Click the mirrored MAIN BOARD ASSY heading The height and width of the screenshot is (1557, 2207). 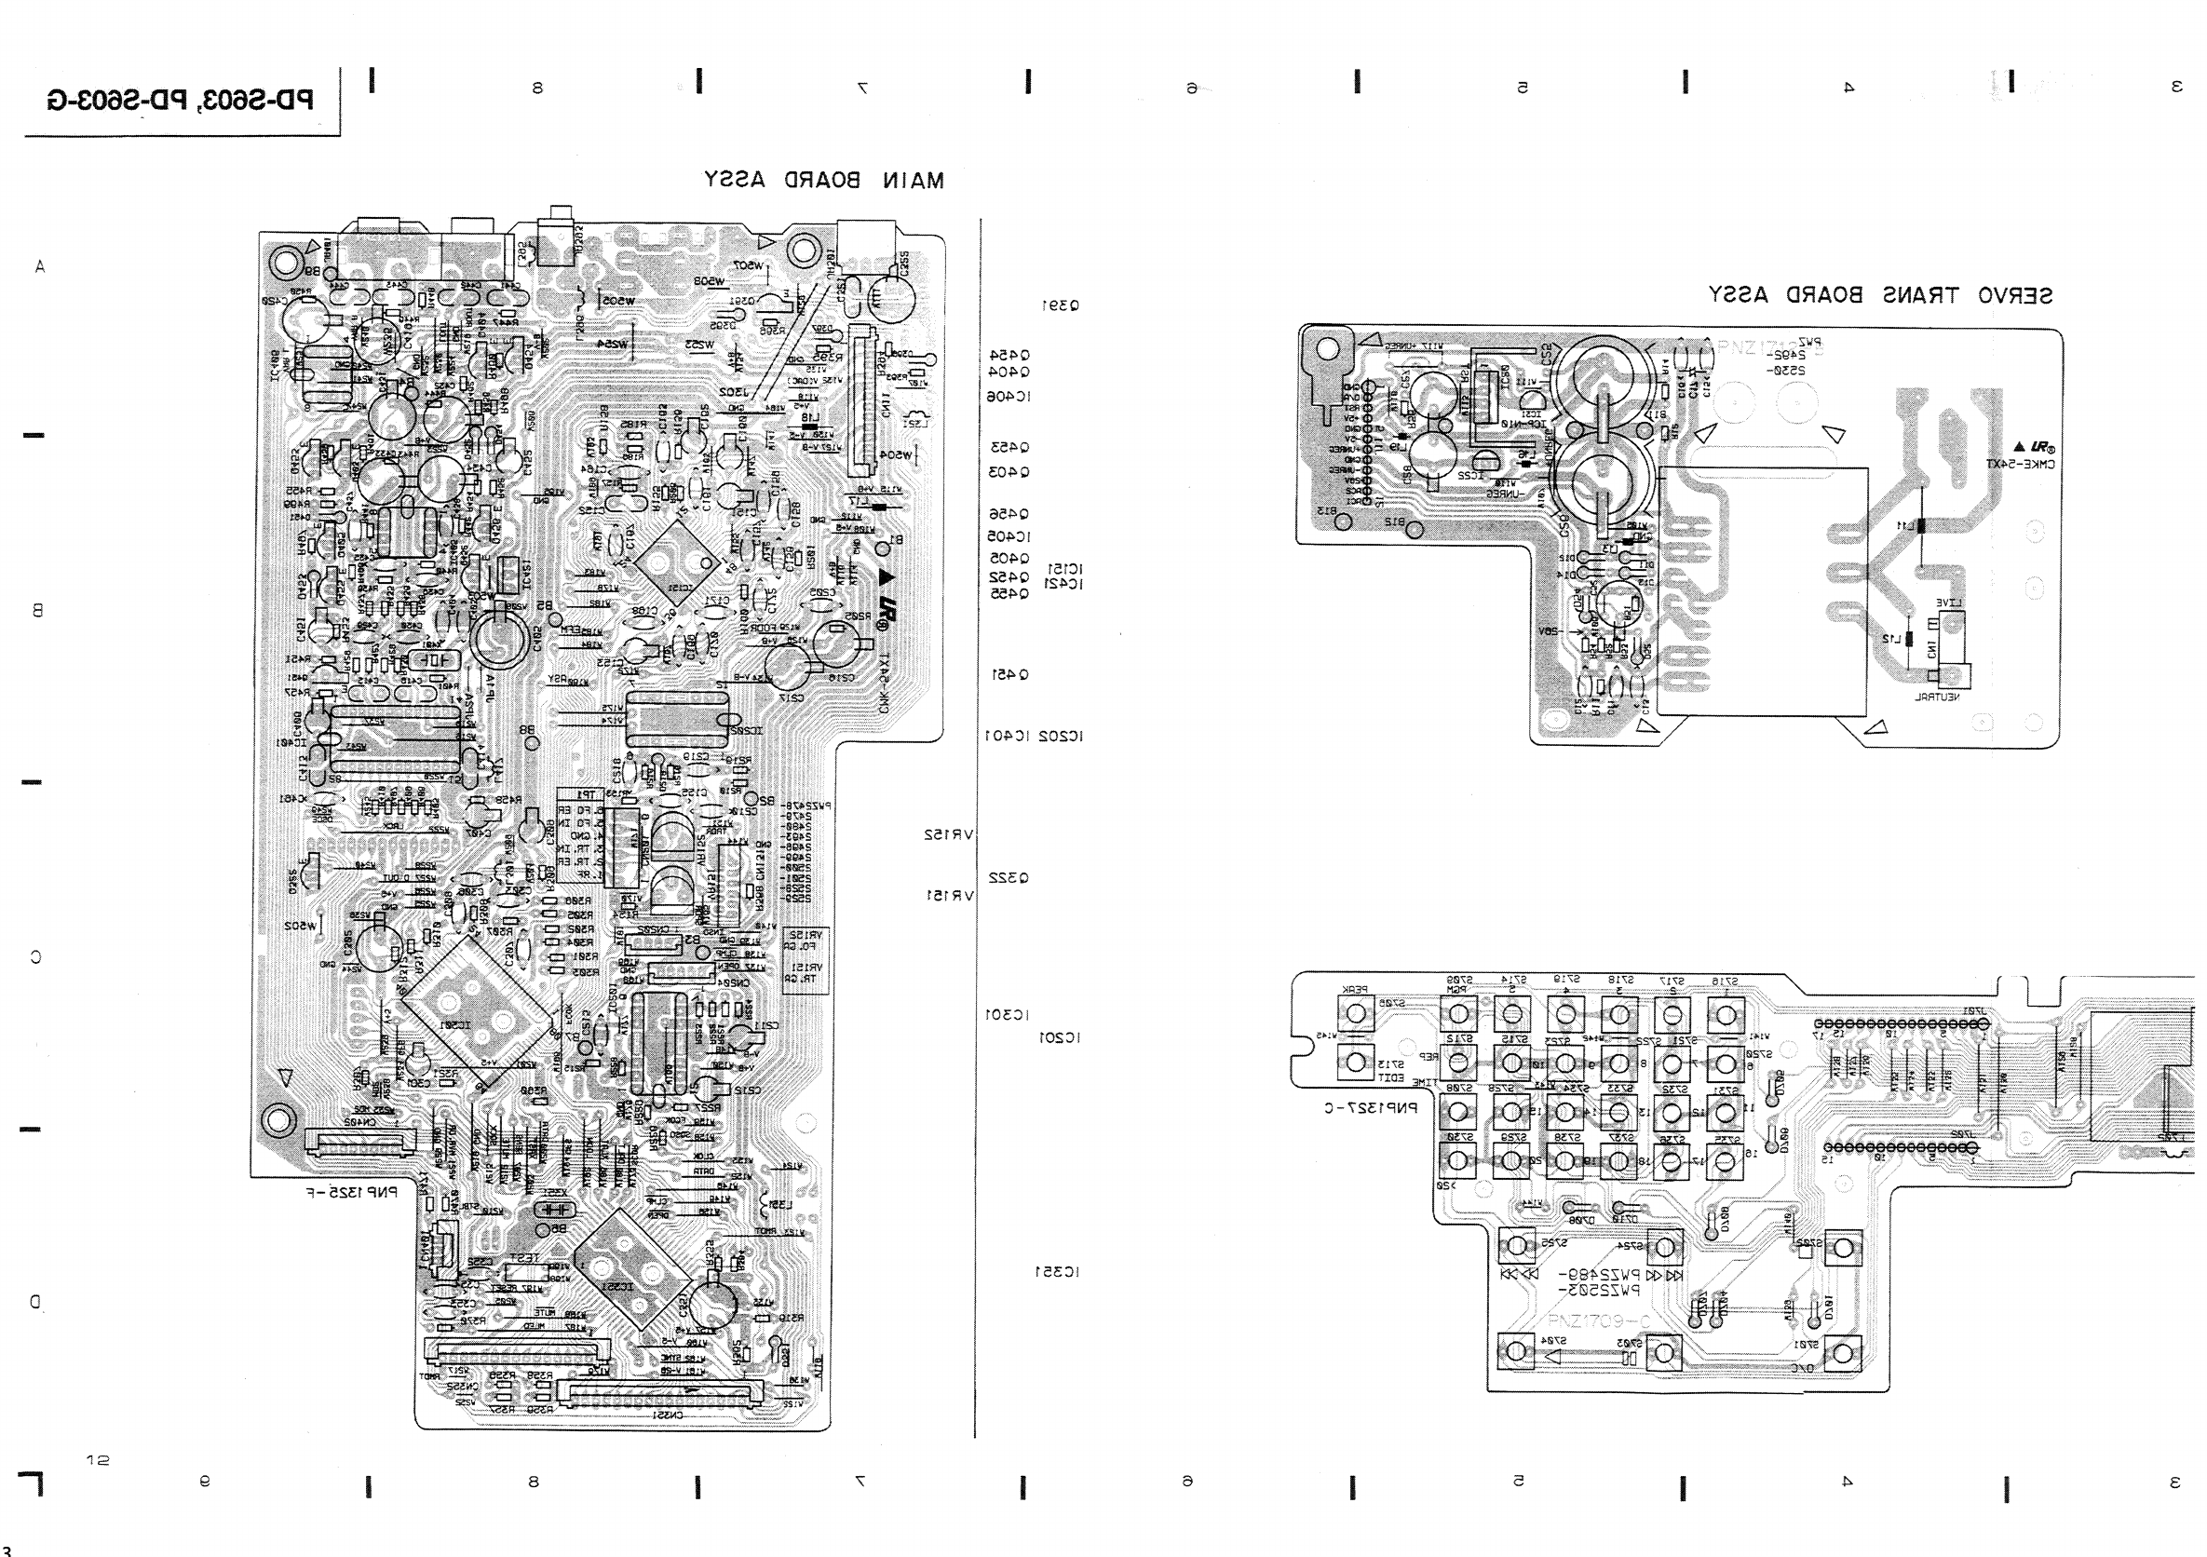pyautogui.click(x=824, y=180)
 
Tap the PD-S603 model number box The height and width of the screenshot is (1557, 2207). pyautogui.click(x=181, y=100)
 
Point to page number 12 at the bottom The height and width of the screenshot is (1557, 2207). pyautogui.click(x=97, y=1460)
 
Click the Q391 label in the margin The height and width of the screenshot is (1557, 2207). pyautogui.click(x=1061, y=305)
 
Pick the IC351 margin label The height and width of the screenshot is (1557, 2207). pyautogui.click(x=1056, y=1271)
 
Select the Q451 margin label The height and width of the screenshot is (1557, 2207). pyautogui.click(x=1010, y=675)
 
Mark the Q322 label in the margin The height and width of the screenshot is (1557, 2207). pyautogui.click(x=1009, y=877)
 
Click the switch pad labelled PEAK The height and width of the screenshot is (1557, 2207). pyautogui.click(x=1355, y=1013)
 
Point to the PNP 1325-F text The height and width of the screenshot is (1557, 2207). pyautogui.click(x=352, y=1193)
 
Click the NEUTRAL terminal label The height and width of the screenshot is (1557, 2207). pyautogui.click(x=1938, y=697)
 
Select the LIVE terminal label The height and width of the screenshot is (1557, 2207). pyautogui.click(x=1949, y=602)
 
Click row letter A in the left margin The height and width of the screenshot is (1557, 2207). pyautogui.click(x=39, y=267)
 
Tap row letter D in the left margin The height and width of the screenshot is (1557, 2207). pyautogui.click(x=35, y=1302)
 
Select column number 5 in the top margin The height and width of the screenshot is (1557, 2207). pyautogui.click(x=1522, y=88)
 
